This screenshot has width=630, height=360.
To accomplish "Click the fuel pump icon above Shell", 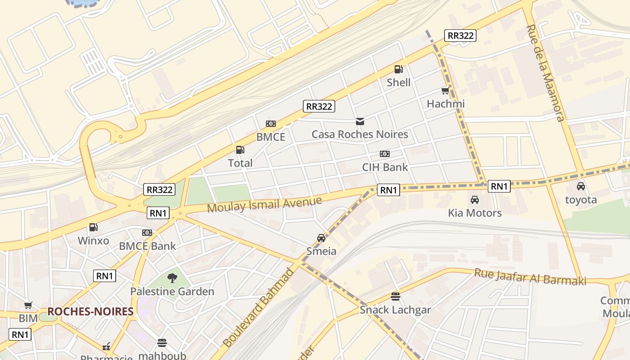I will tap(398, 69).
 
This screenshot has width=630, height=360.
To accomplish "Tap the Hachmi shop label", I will tap(445, 104).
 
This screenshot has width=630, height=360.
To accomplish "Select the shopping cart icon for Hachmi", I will tap(445, 91).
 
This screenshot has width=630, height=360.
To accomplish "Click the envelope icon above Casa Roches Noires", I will tap(360, 121).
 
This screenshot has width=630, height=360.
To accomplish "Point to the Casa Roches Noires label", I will tap(360, 134).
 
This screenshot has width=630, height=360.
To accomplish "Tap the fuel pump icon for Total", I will tap(240, 150).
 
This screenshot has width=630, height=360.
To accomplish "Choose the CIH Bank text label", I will tap(385, 167).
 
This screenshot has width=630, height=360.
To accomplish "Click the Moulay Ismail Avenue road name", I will tap(265, 204).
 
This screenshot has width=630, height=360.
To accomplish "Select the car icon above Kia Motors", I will tap(474, 200).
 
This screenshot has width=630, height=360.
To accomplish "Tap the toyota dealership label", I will tap(580, 200).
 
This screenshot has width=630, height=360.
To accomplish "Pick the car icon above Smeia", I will tap(321, 238).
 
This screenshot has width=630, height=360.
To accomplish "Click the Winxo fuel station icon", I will tap(93, 228).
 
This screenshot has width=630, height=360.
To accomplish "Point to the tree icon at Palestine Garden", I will tap(172, 278).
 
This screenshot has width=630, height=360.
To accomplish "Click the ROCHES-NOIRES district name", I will tap(90, 311).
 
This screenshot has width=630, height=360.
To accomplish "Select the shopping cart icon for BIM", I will tap(28, 306).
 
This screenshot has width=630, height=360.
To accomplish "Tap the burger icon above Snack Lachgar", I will tap(395, 297).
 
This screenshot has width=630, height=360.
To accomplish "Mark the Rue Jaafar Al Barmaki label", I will tap(530, 277).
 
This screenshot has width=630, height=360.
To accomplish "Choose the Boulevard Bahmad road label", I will tap(258, 308).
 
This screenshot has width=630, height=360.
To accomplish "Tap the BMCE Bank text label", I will tap(147, 246).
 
